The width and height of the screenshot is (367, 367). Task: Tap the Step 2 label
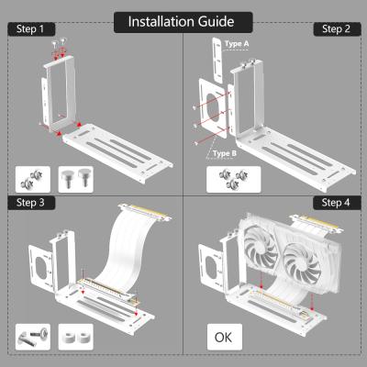[336, 29]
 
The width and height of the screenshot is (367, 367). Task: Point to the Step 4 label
[336, 202]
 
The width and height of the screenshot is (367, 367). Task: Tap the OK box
[223, 337]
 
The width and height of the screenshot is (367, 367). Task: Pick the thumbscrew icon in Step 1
[73, 177]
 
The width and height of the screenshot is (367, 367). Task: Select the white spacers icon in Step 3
[74, 337]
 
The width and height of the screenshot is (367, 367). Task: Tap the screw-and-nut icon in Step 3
[32, 337]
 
